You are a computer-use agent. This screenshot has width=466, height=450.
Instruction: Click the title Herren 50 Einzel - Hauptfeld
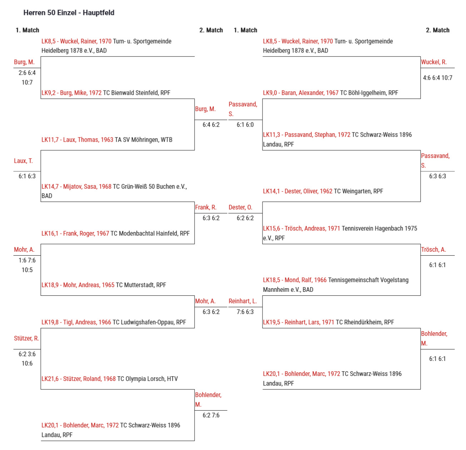pyautogui.click(x=69, y=13)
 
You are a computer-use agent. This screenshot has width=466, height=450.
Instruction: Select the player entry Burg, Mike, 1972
pyautogui.click(x=106, y=92)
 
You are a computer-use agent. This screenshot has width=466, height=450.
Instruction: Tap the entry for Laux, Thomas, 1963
pyautogui.click(x=107, y=140)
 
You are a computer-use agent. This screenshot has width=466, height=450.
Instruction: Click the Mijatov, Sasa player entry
pyautogui.click(x=114, y=191)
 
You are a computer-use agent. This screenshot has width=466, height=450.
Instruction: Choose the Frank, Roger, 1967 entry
pyautogui.click(x=116, y=233)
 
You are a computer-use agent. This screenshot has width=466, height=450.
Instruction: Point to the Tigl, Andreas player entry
pyautogui.click(x=113, y=322)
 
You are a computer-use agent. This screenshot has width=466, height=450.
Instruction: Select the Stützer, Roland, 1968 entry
pyautogui.click(x=110, y=378)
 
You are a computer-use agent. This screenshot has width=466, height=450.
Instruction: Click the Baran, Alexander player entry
pyautogui.click(x=330, y=92)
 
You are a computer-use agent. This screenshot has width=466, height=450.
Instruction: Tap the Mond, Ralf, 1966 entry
pyautogui.click(x=336, y=285)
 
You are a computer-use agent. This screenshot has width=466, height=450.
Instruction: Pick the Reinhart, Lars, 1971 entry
pyautogui.click(x=328, y=322)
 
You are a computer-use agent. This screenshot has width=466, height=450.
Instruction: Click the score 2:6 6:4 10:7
pyautogui.click(x=27, y=77)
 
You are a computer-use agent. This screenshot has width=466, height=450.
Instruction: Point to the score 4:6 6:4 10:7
pyautogui.click(x=437, y=78)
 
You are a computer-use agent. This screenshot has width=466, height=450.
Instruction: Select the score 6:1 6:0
pyautogui.click(x=245, y=125)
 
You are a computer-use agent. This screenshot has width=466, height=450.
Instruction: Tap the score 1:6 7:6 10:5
pyautogui.click(x=27, y=265)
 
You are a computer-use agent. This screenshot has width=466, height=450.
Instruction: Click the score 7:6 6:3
pyautogui.click(x=245, y=312)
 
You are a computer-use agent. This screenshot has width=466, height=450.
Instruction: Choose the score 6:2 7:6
pyautogui.click(x=211, y=415)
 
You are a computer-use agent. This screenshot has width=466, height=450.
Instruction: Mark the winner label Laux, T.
pyautogui.click(x=23, y=161)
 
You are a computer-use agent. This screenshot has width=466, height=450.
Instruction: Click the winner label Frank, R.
pyautogui.click(x=206, y=207)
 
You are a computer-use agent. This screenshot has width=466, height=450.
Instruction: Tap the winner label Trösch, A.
pyautogui.click(x=433, y=249)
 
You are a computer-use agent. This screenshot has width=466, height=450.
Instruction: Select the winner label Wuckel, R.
pyautogui.click(x=434, y=62)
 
